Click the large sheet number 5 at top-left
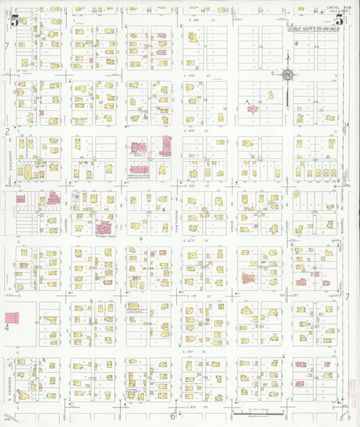[15, 20]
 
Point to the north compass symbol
[288, 75]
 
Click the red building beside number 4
[11, 317]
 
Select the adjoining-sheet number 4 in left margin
[7, 328]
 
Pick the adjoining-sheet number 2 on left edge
[7, 131]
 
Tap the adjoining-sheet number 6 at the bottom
[173, 416]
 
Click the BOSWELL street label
[342, 220]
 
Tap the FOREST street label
[288, 211]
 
